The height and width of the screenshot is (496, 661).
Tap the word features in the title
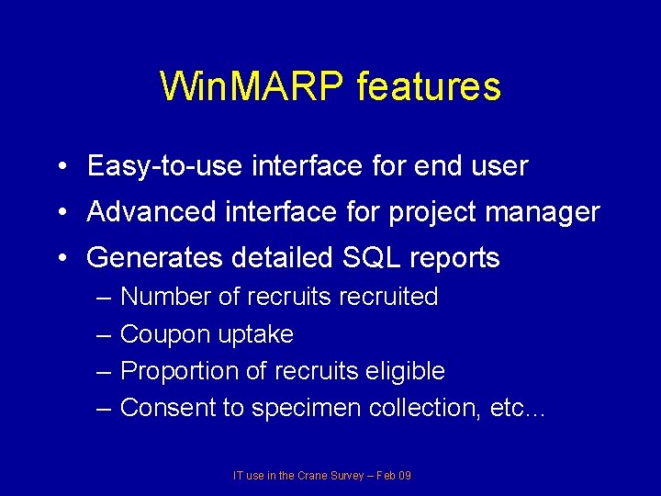tap(429, 86)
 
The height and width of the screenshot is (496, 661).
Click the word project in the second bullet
tap(430, 212)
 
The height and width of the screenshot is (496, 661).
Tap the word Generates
tap(152, 258)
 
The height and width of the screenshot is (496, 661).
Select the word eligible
tap(404, 371)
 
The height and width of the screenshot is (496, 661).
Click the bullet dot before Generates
tap(60, 259)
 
